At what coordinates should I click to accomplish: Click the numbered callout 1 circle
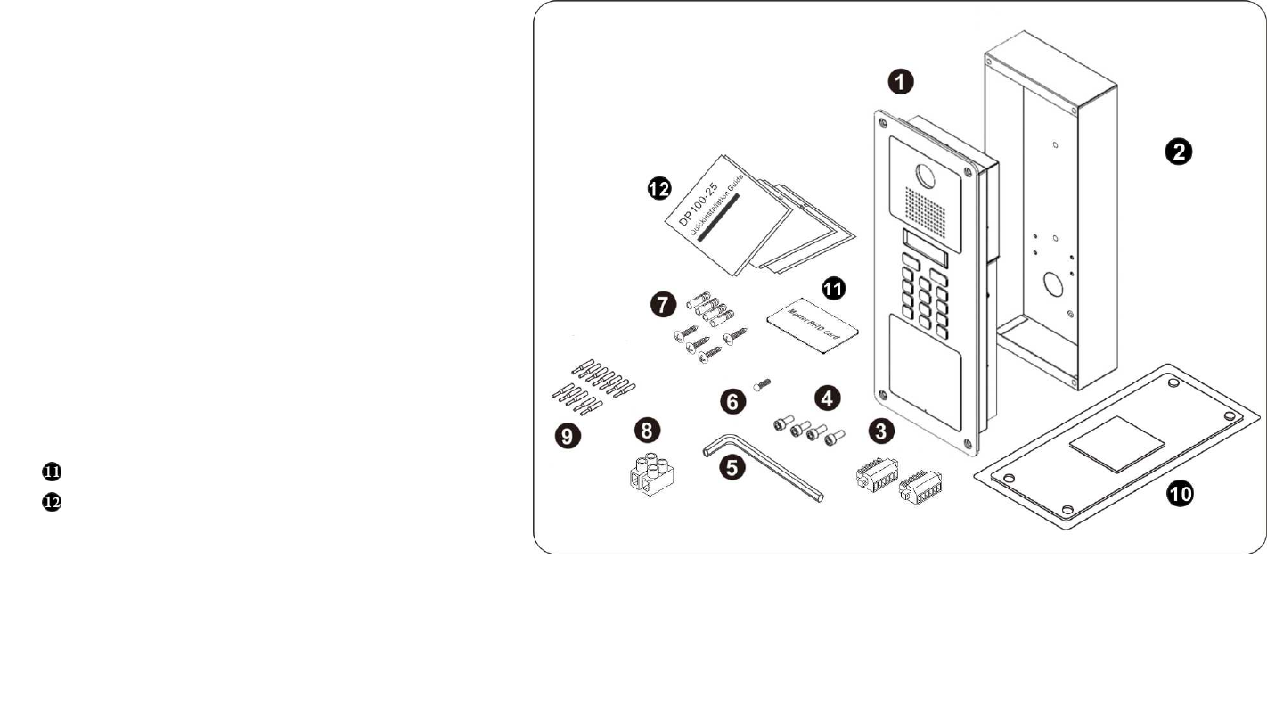coord(903,82)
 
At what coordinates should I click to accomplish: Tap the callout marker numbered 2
coord(1178,152)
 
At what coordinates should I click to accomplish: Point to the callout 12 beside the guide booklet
coord(659,188)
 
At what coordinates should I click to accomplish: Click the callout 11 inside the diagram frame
coord(834,289)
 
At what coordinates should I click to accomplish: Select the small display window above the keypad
coord(923,249)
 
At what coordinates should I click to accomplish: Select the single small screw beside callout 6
coord(761,385)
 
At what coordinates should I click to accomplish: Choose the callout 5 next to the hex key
coord(733,468)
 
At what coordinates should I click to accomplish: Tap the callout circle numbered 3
coord(881,431)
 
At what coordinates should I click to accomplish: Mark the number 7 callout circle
coord(662,305)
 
